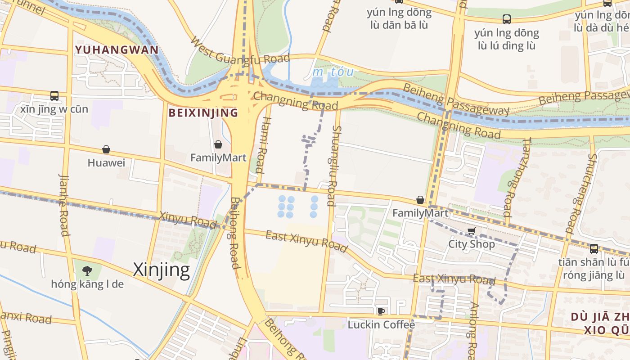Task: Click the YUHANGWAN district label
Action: coord(117,49)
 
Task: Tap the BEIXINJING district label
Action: coord(203,112)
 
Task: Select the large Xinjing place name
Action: coord(162,270)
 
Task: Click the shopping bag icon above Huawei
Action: coord(106,149)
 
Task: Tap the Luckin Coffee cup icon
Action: coord(381,311)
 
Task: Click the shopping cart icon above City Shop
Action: coord(471,231)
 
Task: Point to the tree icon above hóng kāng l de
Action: coord(87,270)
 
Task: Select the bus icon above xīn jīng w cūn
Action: coord(54,96)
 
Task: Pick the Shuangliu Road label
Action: coord(334,166)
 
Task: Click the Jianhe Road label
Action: coord(64,205)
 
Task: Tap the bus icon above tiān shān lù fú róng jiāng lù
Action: coord(594,249)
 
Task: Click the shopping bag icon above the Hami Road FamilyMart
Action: coord(218,144)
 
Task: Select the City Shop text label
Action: coord(471,244)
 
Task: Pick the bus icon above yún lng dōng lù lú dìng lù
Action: coord(507,19)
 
